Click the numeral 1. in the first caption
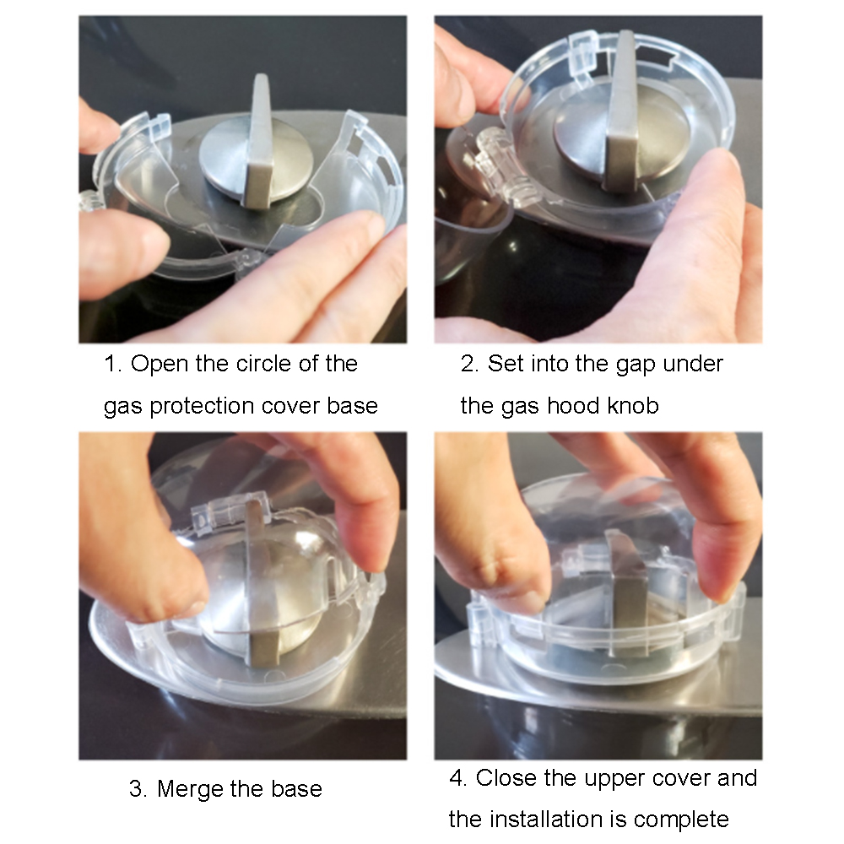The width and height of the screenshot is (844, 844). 113,364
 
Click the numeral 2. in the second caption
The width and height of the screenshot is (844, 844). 470,364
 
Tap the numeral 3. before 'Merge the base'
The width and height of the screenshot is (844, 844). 138,789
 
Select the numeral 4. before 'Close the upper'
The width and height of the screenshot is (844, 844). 458,778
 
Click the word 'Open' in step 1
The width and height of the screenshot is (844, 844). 160,365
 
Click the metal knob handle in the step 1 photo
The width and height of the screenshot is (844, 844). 258,143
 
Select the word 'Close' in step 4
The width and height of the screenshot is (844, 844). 506,778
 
